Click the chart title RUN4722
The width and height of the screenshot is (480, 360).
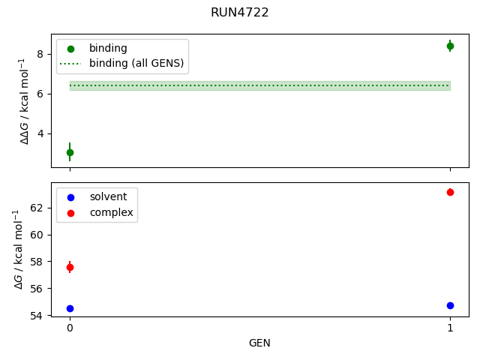coord(240,13)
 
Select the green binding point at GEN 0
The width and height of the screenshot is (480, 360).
coord(70,152)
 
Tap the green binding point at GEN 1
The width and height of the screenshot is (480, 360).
coord(450,46)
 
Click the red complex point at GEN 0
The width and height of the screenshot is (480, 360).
coord(70,267)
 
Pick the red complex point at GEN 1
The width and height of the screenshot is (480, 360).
coord(450,192)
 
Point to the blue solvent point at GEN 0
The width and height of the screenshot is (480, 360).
coord(70,308)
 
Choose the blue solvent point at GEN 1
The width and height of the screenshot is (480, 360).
coord(450,305)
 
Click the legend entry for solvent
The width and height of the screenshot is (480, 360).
coord(108,197)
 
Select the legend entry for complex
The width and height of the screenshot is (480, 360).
coord(111,213)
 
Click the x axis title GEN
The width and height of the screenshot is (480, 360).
coord(259,343)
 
